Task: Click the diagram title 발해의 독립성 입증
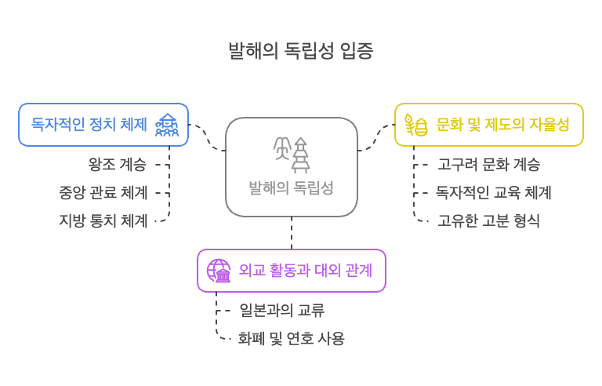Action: click(300, 52)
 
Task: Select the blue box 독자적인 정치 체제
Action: click(89, 124)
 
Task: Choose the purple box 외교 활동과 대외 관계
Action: click(304, 271)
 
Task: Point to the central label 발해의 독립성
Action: click(291, 188)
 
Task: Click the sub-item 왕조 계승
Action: click(118, 165)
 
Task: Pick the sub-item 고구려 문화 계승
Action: click(488, 165)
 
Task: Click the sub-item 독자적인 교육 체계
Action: click(494, 192)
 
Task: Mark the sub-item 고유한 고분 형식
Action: click(488, 220)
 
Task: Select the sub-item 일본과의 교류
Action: click(281, 310)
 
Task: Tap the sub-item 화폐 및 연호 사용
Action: click(291, 338)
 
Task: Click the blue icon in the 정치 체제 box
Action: click(167, 125)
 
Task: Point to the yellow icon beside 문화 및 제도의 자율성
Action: click(415, 125)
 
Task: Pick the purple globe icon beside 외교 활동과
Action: click(218, 271)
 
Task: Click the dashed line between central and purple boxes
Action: click(292, 233)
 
